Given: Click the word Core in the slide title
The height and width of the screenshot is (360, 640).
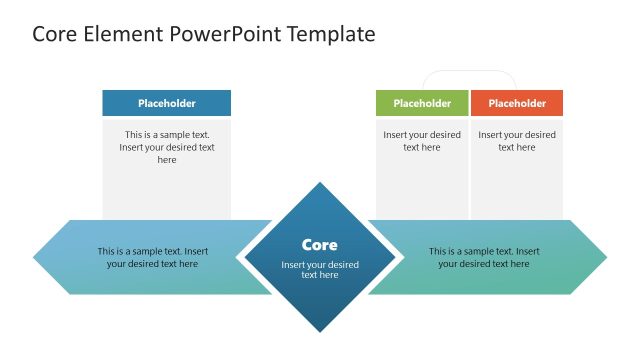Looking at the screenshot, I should click(x=56, y=34).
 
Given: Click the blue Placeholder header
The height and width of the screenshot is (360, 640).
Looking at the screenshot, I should click(x=166, y=103).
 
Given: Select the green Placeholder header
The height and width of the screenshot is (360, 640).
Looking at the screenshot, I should click(x=421, y=103).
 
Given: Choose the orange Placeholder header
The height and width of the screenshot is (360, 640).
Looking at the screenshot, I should click(x=517, y=103).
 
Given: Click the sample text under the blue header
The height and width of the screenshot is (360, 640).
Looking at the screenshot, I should click(x=166, y=147).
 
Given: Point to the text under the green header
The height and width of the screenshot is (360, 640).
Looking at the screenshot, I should click(x=421, y=141).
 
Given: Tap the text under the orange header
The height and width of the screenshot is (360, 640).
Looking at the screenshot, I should click(x=517, y=141).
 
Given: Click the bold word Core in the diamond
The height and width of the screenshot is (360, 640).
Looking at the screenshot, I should click(x=320, y=245).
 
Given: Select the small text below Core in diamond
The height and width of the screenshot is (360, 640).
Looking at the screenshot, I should click(x=320, y=270).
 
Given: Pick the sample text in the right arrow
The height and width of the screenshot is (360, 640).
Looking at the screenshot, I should click(x=484, y=257).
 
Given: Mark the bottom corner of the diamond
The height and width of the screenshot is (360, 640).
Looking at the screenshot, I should click(x=320, y=330).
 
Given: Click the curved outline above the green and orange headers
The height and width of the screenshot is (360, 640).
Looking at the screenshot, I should click(x=469, y=71).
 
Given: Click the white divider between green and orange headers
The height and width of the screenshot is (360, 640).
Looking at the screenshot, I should click(x=469, y=103).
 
